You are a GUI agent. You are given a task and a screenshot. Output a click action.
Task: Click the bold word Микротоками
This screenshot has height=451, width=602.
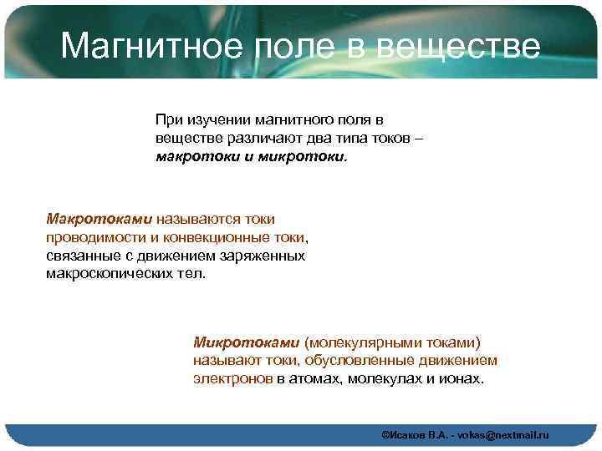[246, 342]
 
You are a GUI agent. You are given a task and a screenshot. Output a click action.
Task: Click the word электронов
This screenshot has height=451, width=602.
[233, 378]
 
